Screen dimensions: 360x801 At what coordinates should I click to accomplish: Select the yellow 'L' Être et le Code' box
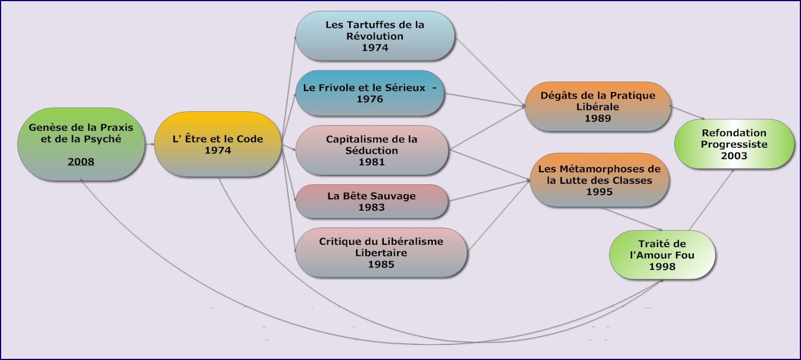218,144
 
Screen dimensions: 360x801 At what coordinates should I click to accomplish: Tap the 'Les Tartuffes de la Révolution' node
375,36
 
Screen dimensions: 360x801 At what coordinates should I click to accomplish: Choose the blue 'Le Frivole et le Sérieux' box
369,93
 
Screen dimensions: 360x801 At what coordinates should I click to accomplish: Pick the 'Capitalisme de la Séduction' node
372,150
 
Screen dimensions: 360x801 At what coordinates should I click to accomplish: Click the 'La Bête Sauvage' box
372,202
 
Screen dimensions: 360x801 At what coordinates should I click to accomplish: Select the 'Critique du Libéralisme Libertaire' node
381,253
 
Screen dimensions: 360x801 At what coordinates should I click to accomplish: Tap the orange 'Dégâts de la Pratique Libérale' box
598,107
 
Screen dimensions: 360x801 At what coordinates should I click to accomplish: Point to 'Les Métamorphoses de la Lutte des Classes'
599,180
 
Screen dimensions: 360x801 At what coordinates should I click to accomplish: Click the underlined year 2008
81,162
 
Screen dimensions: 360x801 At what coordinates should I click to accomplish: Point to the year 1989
598,118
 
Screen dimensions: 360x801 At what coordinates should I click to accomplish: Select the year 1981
372,162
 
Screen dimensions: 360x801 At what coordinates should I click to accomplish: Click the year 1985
381,264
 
